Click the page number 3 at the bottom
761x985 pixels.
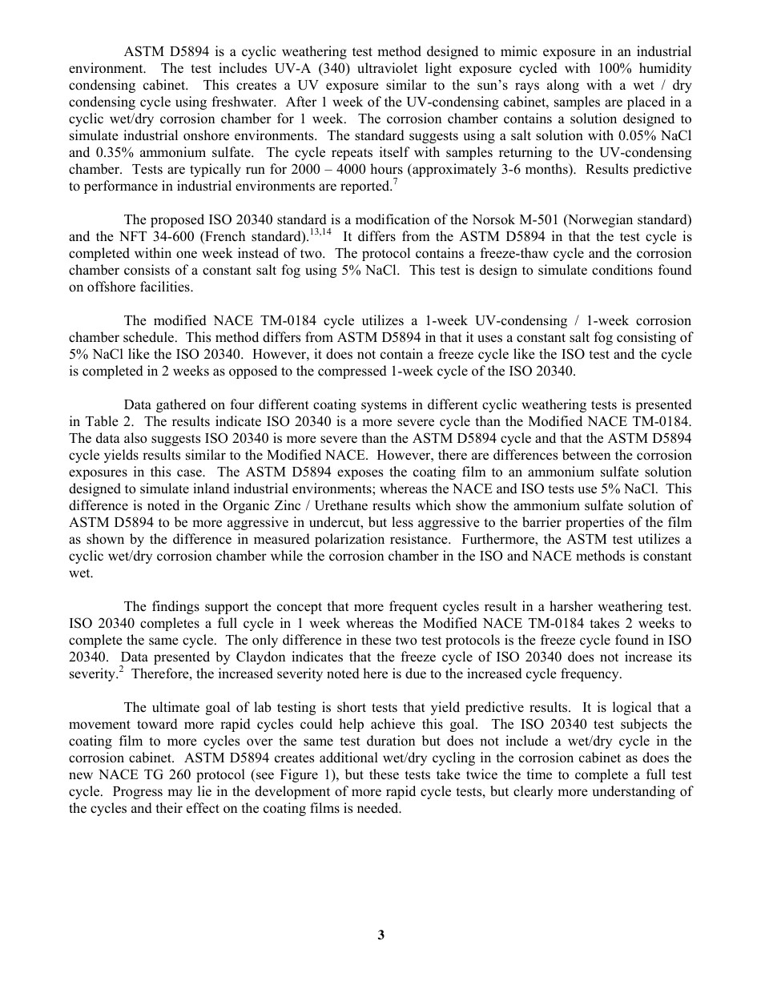tap(380, 935)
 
